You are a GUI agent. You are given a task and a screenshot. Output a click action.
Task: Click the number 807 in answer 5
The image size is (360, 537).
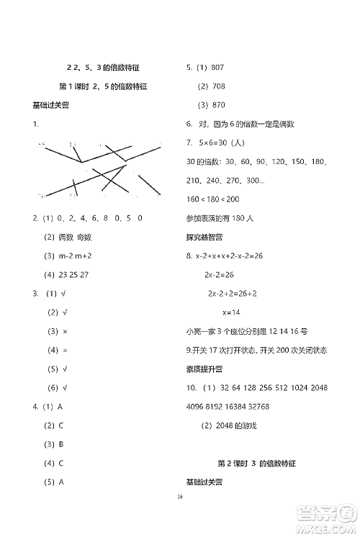217,68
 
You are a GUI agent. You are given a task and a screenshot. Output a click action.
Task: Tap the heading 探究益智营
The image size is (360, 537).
204,236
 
